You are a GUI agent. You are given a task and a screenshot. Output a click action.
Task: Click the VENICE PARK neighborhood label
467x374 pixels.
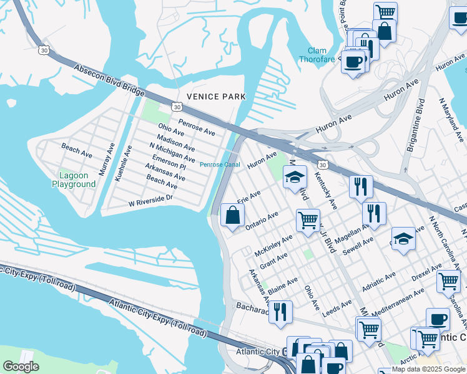216,97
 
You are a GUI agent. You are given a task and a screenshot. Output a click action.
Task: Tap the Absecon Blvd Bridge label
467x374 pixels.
109,79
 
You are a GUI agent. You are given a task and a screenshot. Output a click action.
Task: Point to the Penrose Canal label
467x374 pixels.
220,165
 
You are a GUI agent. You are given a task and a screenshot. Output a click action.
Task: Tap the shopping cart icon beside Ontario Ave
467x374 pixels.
308,219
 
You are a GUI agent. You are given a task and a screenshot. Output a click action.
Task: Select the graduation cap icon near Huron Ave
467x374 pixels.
295,177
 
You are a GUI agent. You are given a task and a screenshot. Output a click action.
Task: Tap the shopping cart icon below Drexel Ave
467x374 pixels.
448,281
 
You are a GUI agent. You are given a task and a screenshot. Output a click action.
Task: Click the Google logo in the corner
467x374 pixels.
21,367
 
